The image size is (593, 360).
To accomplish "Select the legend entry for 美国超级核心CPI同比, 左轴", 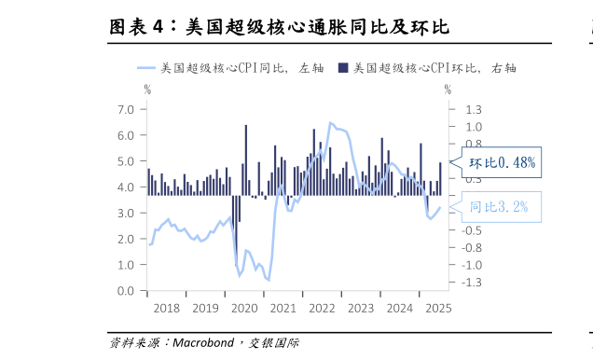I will (x=223, y=68).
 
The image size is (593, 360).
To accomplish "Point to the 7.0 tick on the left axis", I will (x=127, y=109).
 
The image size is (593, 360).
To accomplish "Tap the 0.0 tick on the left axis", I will (x=127, y=291).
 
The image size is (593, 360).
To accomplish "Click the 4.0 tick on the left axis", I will (x=127, y=187).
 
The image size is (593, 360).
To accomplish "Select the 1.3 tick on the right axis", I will (x=472, y=109).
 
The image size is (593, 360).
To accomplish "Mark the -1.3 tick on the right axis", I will (x=472, y=282).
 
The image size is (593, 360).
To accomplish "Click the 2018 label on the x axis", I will (x=166, y=308).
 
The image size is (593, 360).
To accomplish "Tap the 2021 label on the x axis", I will (x=283, y=308).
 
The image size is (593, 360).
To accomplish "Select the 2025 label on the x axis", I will (x=437, y=308).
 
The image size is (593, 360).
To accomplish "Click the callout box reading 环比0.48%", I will (x=502, y=163).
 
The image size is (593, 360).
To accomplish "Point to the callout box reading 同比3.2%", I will (x=499, y=207).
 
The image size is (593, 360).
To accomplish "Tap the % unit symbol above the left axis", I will (x=146, y=90).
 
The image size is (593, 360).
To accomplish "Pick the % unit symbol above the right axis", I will (x=448, y=90).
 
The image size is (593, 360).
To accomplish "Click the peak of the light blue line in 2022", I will (x=330, y=122).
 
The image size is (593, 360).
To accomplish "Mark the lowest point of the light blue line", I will (x=269, y=280).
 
